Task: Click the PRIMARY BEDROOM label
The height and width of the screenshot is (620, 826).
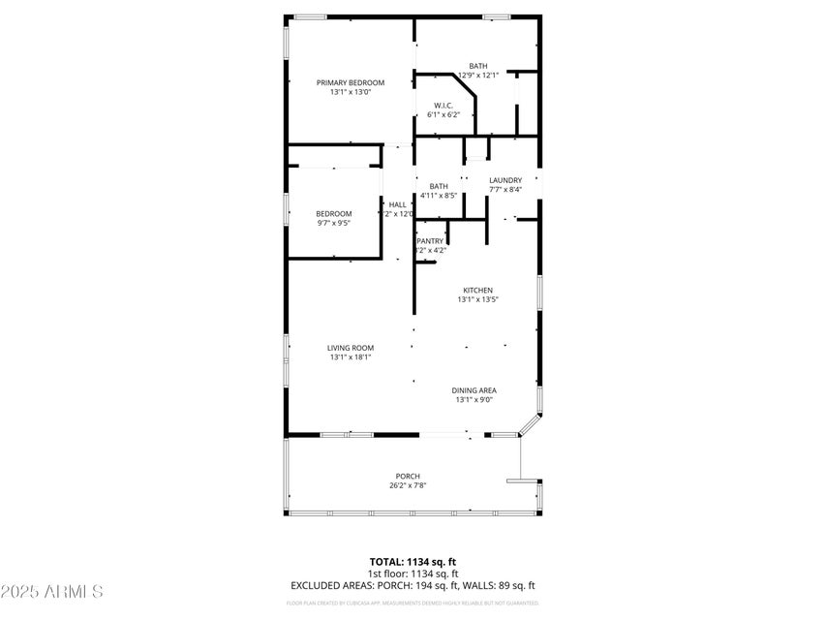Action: tap(350, 82)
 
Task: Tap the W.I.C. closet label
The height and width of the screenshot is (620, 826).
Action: tap(444, 105)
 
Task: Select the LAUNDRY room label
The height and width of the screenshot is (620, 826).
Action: tap(505, 179)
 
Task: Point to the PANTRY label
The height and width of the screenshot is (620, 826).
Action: tap(431, 240)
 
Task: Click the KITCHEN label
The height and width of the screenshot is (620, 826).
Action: tap(477, 290)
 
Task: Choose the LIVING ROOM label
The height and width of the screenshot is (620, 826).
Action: tap(350, 347)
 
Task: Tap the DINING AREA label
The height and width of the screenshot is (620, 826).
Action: tap(475, 389)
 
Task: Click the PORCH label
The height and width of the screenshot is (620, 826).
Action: tap(408, 475)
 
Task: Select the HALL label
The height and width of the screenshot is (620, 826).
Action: tap(397, 204)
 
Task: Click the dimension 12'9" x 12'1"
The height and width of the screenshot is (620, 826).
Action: tap(478, 75)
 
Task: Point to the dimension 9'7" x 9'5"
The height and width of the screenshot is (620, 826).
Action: tap(333, 223)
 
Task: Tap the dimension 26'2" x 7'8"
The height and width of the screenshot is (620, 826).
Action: tap(408, 484)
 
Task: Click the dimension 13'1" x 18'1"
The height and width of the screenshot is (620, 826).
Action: tap(350, 356)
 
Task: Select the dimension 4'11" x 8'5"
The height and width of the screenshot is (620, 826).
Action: tap(439, 196)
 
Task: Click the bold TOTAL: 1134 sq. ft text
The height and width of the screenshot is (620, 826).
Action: tap(413, 561)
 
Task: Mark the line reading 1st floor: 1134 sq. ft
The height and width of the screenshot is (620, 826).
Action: tap(413, 573)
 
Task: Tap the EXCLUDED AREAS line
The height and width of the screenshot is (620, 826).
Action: tap(413, 585)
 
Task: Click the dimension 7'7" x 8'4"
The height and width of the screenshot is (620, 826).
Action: tap(505, 189)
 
